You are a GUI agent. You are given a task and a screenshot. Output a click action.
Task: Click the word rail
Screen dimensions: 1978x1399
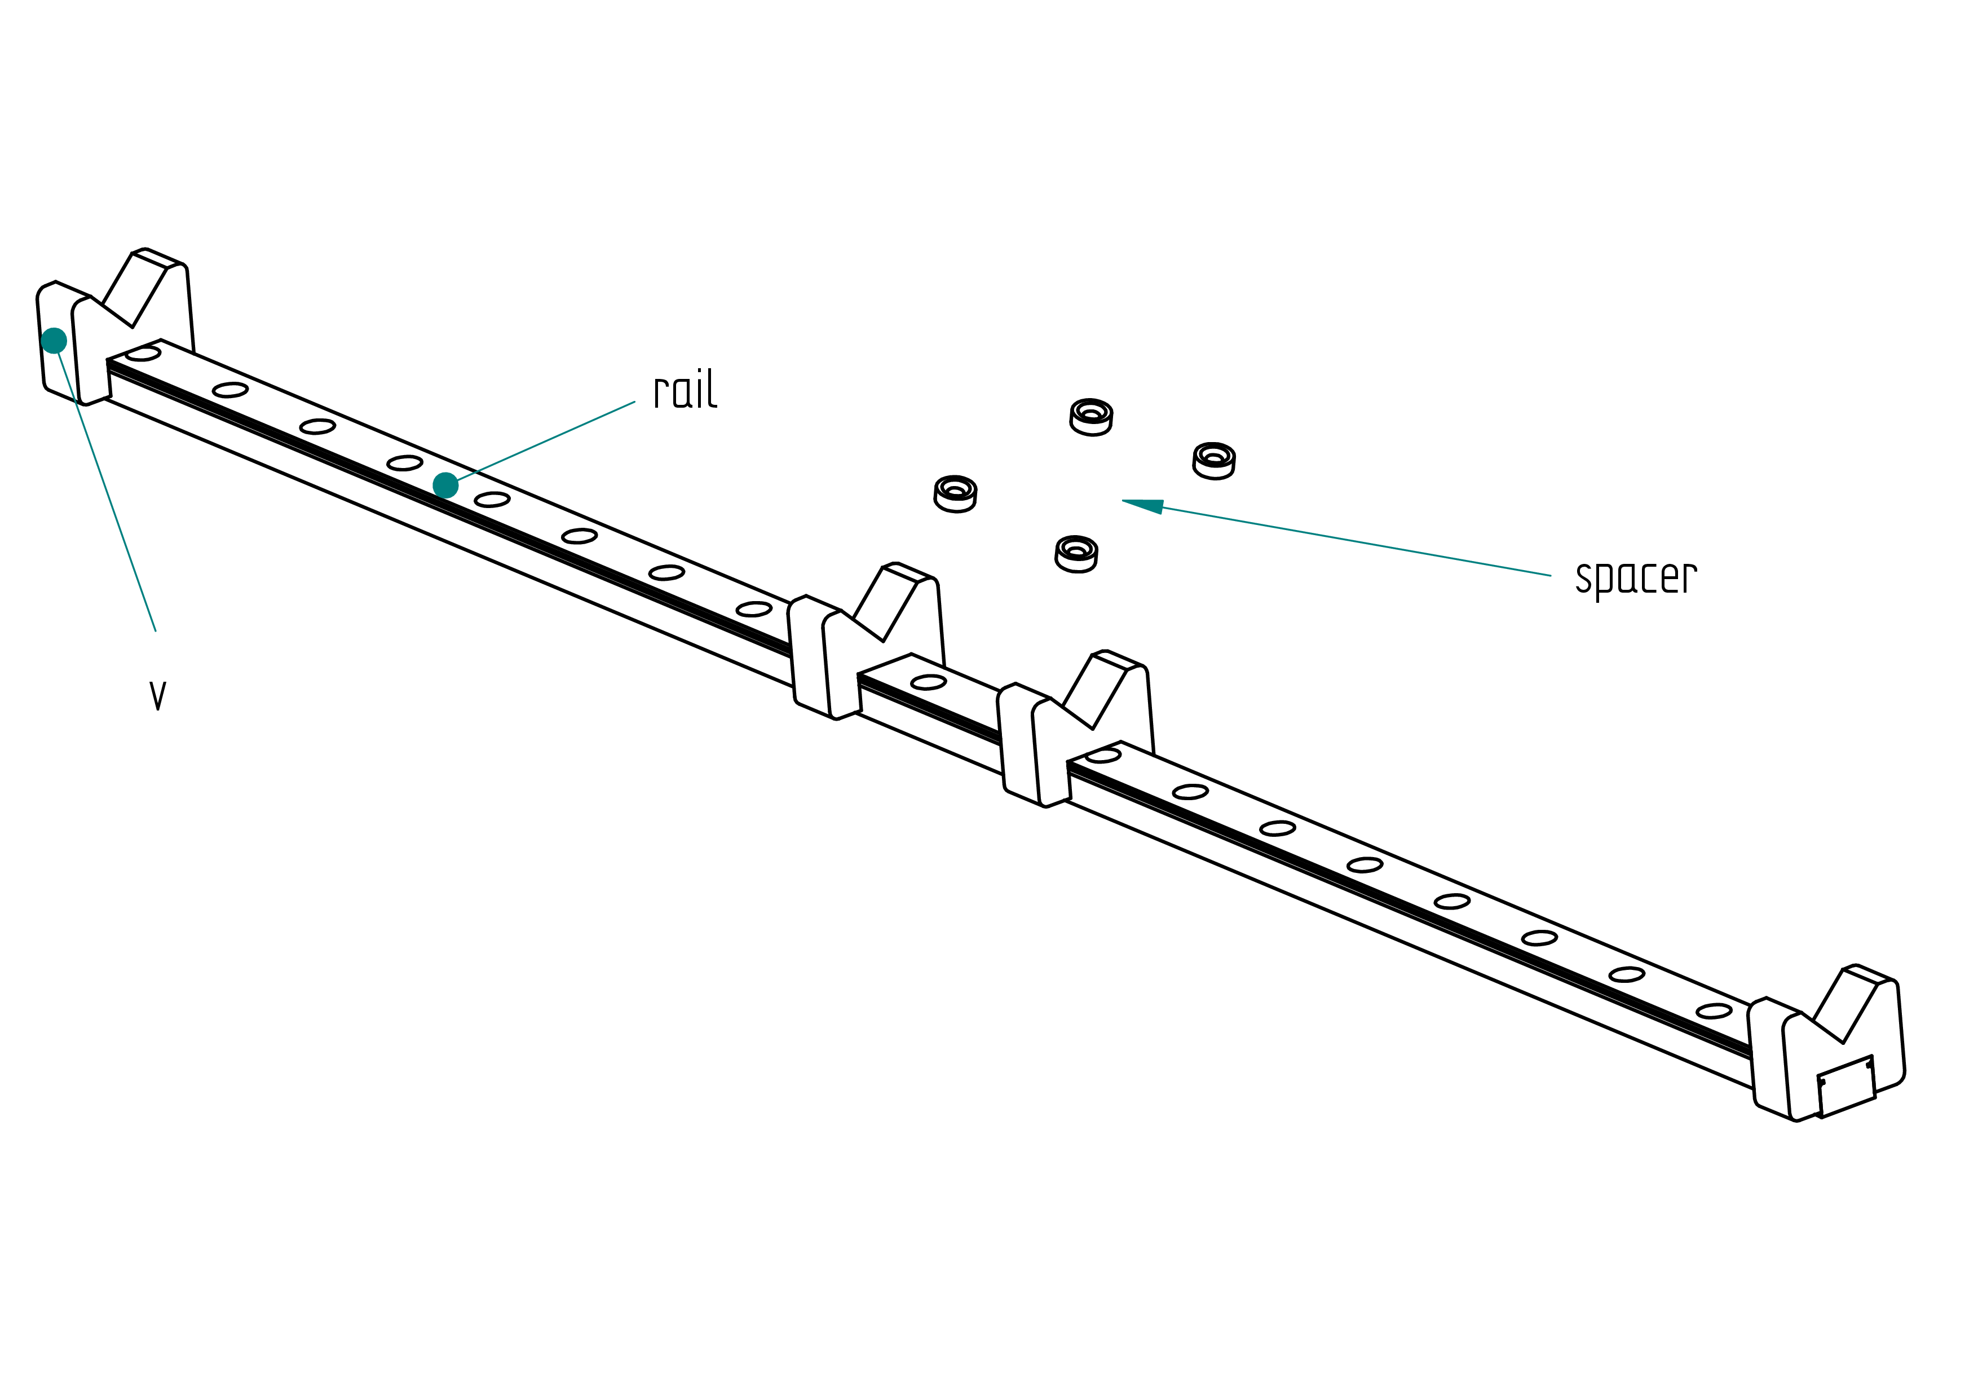coord(685,390)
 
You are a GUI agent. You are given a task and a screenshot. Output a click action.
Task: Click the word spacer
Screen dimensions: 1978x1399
coord(1636,578)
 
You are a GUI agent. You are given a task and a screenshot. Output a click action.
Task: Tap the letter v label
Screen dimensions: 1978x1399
coord(158,695)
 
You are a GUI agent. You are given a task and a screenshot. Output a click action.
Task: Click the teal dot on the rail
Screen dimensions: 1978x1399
coord(445,486)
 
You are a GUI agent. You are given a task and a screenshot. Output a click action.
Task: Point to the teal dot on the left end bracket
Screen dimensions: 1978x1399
coord(54,341)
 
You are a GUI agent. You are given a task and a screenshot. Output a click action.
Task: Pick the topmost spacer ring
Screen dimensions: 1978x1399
coord(1092,417)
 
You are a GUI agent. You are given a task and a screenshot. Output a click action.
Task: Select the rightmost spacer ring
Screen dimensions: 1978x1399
coord(1214,461)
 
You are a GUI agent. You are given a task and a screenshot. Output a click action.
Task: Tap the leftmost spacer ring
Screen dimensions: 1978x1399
coord(955,493)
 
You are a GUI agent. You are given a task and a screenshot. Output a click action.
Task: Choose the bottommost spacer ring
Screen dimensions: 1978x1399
coord(1076,554)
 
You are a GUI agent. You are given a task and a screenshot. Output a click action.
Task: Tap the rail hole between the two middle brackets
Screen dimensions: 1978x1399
coord(929,682)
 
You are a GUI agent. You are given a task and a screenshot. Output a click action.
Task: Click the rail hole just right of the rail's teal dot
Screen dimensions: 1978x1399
coord(492,500)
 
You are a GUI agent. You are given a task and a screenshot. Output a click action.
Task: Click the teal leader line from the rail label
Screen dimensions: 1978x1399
coord(546,440)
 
